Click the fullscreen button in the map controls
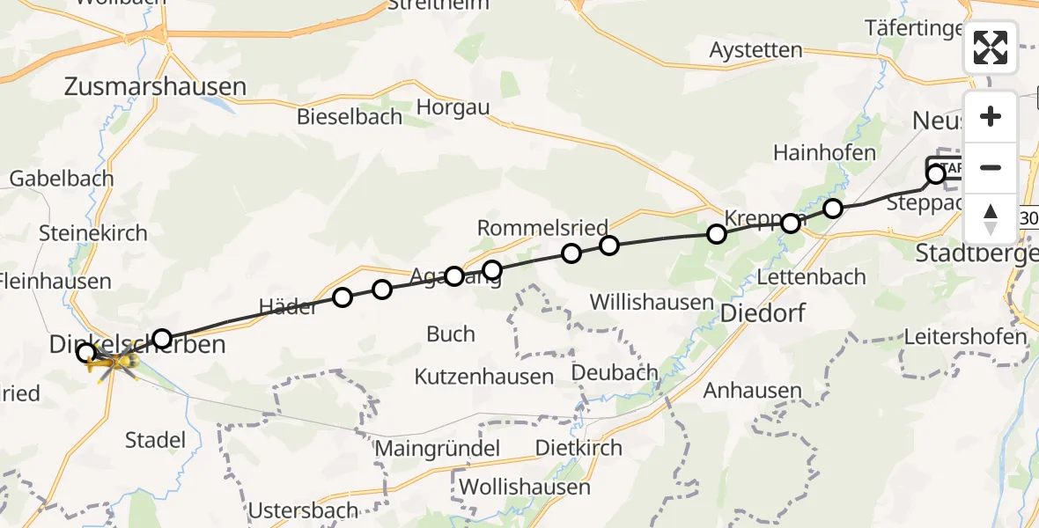991,48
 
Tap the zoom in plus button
991,116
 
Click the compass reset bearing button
991,218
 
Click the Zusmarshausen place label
155,86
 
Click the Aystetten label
756,50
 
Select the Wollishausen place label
524,487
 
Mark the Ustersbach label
303,510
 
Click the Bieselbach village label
350,116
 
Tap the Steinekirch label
93,234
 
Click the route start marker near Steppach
936,174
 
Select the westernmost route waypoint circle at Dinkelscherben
86,353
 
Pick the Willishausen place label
651,303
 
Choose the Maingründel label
438,448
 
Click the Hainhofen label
824,152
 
